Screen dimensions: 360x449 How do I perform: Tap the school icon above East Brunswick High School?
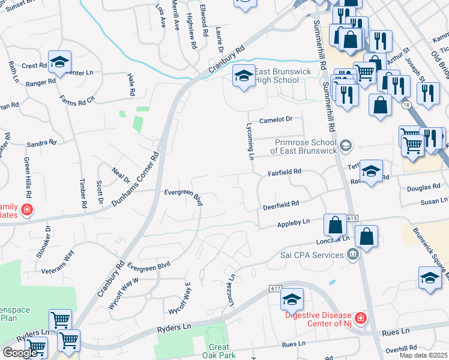243,76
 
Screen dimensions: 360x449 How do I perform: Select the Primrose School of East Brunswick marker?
345,146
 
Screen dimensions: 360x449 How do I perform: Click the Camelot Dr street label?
276,120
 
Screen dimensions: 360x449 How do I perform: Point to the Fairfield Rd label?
284,172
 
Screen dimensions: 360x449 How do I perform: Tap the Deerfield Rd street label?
280,205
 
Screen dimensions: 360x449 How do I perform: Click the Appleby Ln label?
293,223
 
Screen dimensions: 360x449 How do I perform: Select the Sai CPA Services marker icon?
352,255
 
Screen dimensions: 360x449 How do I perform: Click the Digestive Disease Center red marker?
360,318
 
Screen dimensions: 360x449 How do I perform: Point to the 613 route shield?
352,218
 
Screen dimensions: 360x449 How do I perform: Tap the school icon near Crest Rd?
59,61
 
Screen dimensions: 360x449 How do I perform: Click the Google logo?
20,352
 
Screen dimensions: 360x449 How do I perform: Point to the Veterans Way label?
58,263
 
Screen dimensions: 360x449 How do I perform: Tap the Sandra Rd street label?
41,143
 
